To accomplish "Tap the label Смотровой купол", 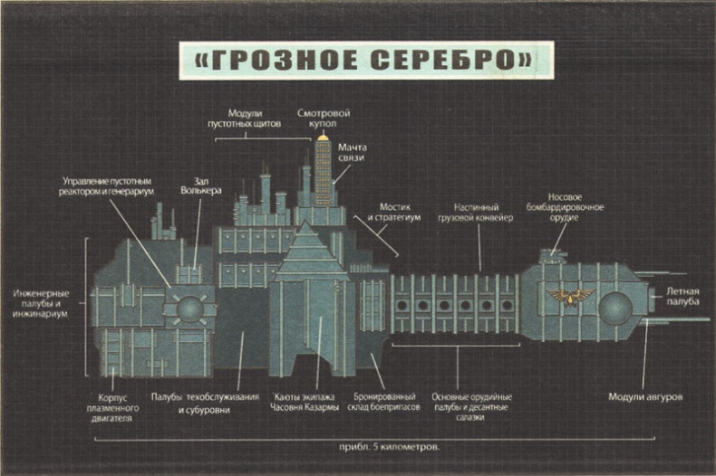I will click(x=324, y=119).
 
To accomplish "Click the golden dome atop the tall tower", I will click(x=323, y=136).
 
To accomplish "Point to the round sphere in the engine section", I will click(x=190, y=309).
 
